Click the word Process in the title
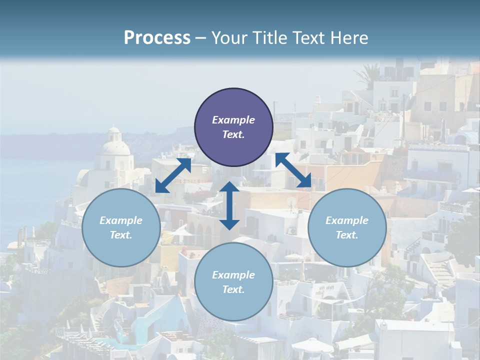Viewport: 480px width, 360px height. pos(157,38)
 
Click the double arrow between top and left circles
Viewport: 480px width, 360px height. pos(173,175)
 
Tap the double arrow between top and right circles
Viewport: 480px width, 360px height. pos(293,170)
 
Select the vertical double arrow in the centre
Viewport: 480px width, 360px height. pos(229,205)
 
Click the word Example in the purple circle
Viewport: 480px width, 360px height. pos(233,120)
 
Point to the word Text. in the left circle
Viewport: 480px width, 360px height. pos(121,235)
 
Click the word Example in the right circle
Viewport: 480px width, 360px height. pos(347,220)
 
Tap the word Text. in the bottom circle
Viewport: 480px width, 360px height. pos(233,289)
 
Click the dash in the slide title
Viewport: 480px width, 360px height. pos(201,38)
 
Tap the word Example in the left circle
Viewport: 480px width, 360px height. pos(121,220)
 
